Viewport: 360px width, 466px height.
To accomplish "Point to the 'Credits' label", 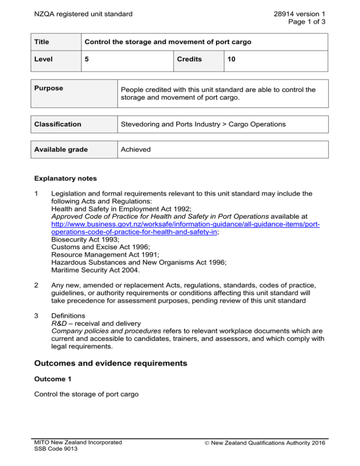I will click(x=190, y=60).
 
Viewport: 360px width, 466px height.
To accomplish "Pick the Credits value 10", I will click(x=232, y=60).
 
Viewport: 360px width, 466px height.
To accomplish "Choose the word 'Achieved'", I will click(x=136, y=149).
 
